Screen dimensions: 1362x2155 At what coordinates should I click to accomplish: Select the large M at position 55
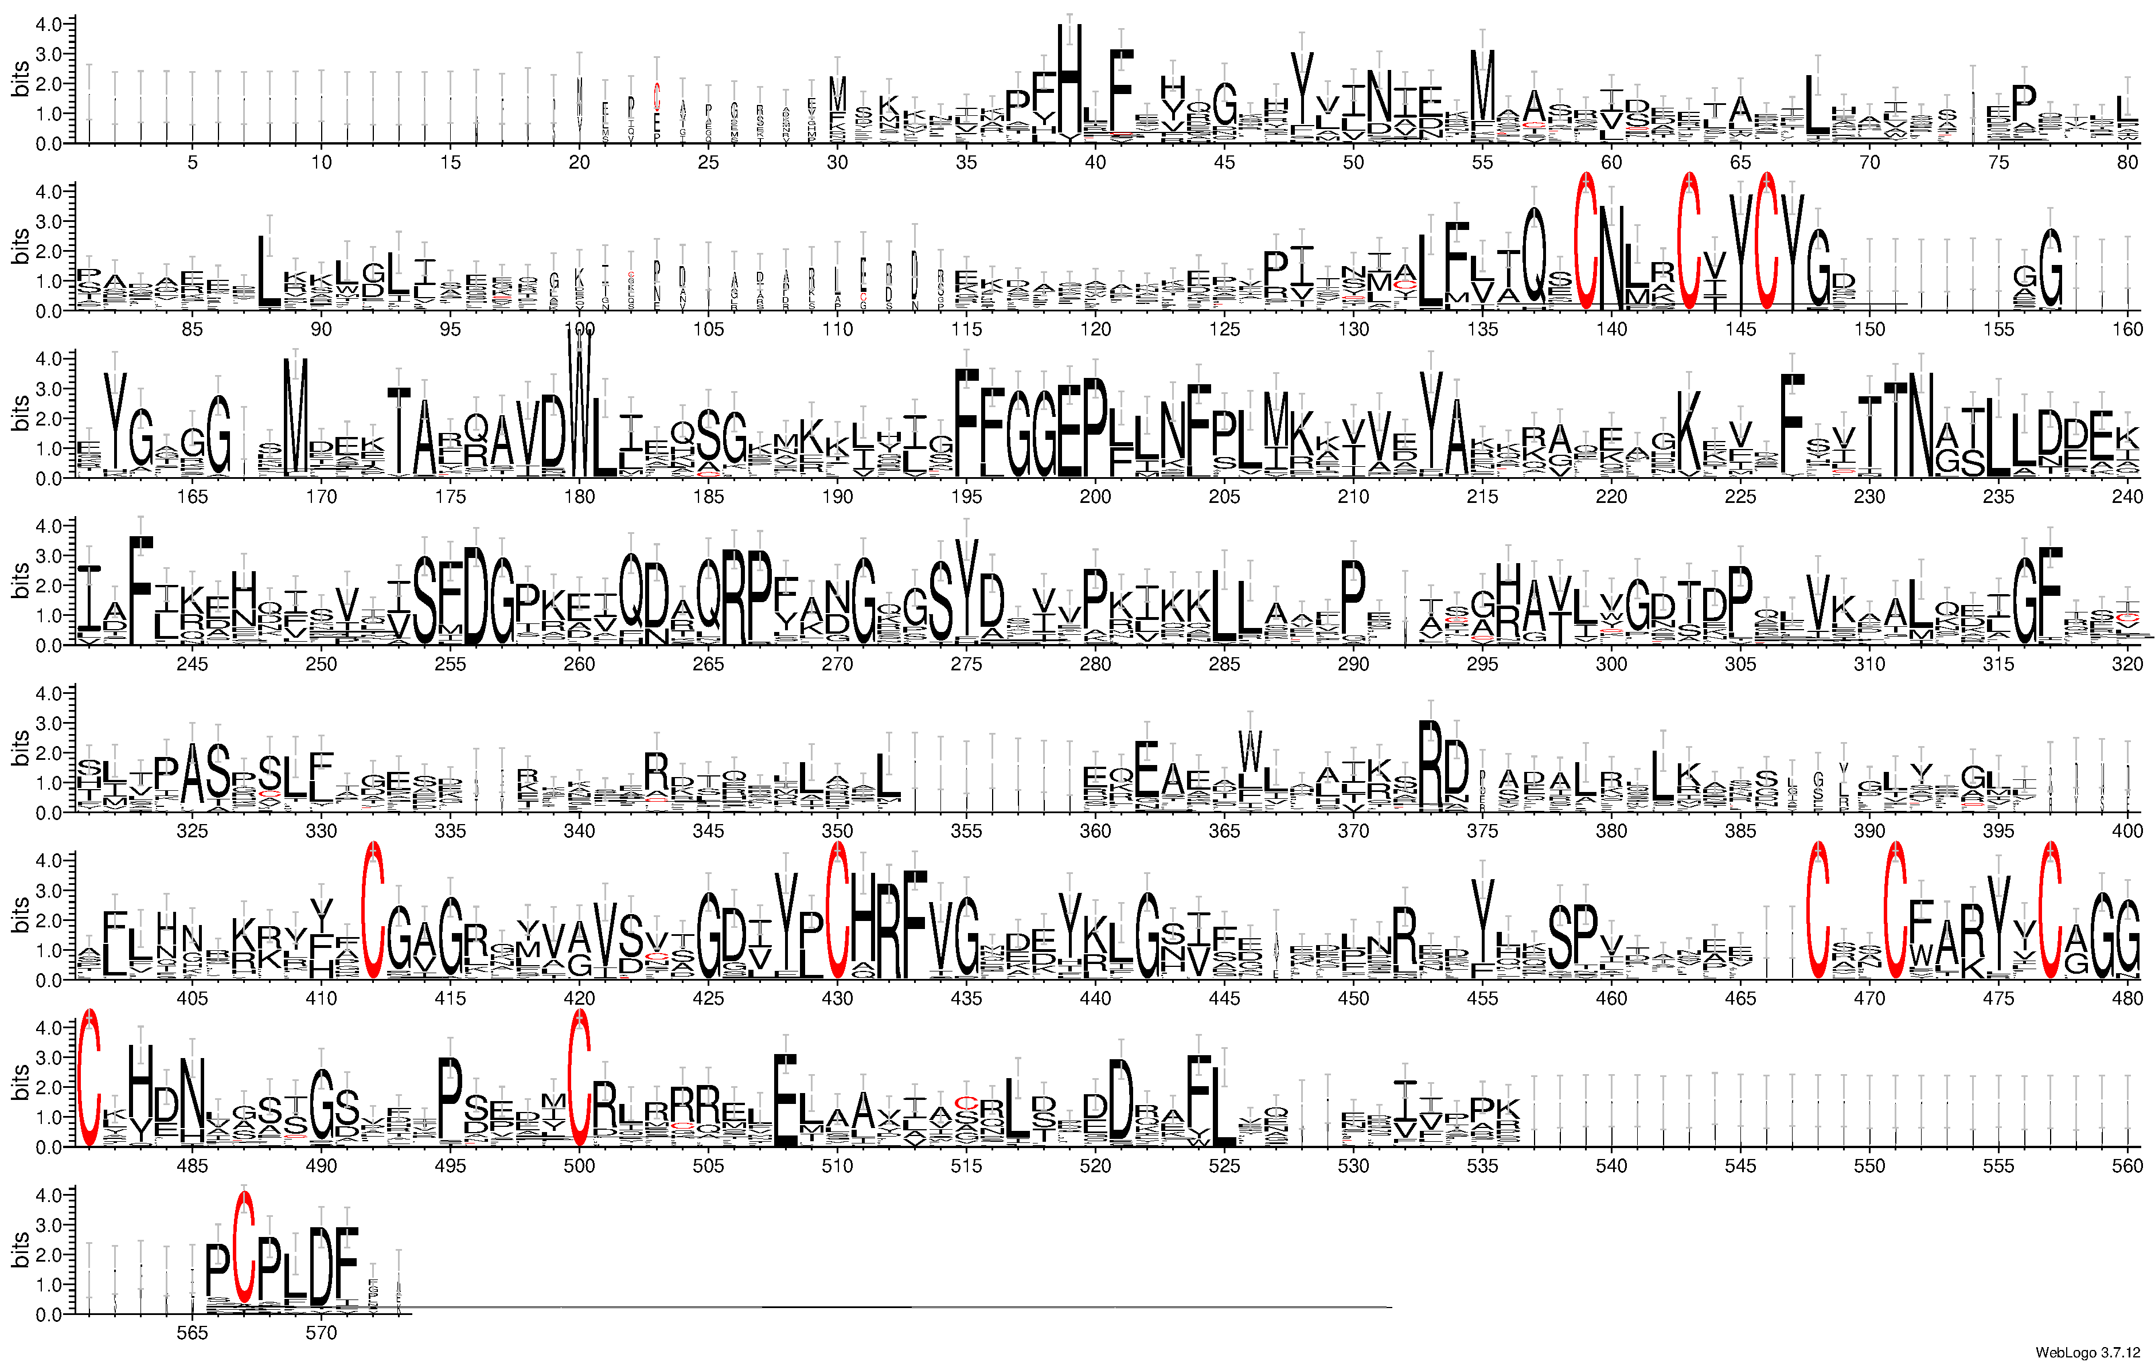point(1482,89)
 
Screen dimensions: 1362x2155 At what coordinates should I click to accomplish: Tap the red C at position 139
point(1586,241)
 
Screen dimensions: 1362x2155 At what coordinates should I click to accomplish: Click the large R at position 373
point(1430,765)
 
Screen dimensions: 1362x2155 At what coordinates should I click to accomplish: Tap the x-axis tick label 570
point(321,1333)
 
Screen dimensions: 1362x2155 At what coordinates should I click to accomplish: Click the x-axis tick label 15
point(450,162)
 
